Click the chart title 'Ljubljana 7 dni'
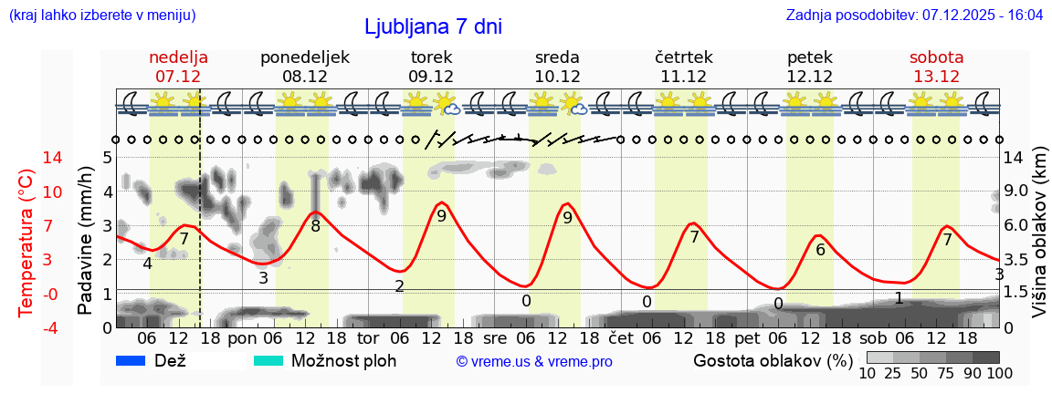pos(433,26)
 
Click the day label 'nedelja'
pos(178,57)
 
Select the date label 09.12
pos(431,77)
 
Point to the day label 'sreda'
pos(557,57)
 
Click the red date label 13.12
pos(936,77)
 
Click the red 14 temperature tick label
pos(27,158)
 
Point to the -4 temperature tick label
pos(26,327)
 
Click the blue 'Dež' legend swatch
pos(131,361)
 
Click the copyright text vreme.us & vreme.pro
pos(533,362)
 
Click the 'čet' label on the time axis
pos(621,339)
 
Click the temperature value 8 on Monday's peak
pos(315,225)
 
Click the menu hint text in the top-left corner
pos(101,16)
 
